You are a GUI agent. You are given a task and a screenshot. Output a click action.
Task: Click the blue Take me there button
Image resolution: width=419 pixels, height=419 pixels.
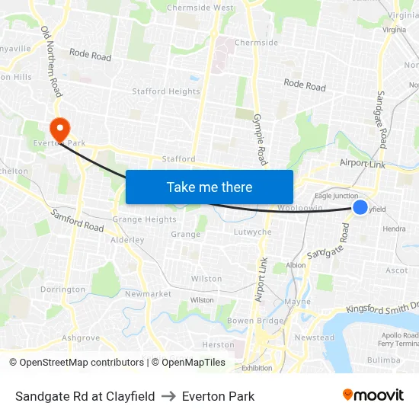209,187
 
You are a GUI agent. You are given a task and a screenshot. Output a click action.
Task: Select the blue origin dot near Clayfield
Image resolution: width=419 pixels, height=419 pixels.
360,207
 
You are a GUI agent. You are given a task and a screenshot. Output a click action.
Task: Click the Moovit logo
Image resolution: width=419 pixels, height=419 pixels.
373,395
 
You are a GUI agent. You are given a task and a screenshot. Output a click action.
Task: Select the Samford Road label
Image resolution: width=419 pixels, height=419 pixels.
77,222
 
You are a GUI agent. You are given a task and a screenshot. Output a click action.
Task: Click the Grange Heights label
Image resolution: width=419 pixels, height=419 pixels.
144,219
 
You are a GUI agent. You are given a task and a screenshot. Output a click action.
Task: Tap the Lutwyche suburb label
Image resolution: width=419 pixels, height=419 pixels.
253,232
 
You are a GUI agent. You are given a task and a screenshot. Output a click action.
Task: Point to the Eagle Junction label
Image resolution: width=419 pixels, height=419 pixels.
336,196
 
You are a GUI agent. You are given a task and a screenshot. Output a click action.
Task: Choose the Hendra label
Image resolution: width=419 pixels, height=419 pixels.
394,229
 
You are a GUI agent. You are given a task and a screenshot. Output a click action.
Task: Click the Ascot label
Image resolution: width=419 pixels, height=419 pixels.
397,270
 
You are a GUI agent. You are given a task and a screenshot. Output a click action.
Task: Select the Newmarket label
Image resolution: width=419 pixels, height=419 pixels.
148,294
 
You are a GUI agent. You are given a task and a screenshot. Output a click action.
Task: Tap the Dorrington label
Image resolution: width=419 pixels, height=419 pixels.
62,289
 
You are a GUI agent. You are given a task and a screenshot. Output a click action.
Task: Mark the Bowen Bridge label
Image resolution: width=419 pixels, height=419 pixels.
255,321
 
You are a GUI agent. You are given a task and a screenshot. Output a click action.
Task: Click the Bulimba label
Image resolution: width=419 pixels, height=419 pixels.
383,360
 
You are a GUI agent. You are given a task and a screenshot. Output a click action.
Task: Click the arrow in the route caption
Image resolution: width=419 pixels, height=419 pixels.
168,396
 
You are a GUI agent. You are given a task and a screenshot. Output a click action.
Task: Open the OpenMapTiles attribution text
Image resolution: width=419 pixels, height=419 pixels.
188,363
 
